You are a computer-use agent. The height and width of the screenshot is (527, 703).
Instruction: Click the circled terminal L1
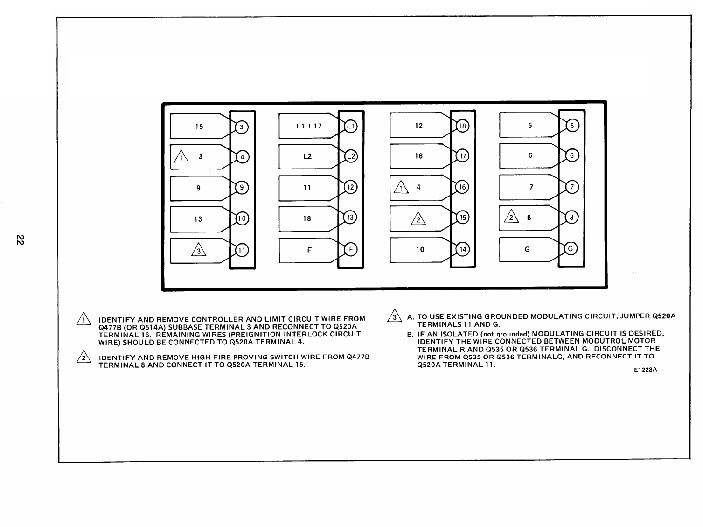tap(350, 126)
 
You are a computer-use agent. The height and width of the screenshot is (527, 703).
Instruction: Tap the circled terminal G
tap(571, 249)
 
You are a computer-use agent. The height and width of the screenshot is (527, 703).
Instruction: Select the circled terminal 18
tap(462, 126)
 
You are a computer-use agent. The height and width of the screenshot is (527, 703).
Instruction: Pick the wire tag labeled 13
tap(198, 219)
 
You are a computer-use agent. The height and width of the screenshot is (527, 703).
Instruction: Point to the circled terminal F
tap(350, 249)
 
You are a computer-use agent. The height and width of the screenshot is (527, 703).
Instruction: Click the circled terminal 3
tap(241, 126)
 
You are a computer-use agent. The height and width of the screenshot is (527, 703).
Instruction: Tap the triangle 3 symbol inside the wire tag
tap(198, 251)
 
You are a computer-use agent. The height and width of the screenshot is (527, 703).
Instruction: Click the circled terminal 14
tap(462, 249)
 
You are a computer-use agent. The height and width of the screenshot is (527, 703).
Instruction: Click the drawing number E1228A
tap(645, 370)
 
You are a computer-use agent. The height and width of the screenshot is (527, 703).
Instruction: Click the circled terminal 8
tap(571, 218)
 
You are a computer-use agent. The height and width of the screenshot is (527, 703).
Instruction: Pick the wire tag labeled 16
tap(418, 156)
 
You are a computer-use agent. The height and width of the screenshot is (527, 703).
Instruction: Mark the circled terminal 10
tap(242, 218)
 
